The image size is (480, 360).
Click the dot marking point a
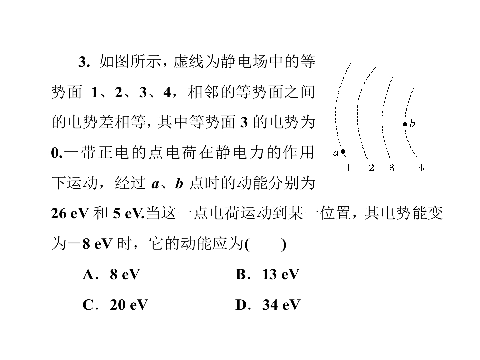(x=343, y=151)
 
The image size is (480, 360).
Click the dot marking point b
(x=405, y=124)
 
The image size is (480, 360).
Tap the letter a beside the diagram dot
(x=336, y=153)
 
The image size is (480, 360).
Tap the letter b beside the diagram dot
(x=412, y=123)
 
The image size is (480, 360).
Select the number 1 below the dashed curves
(x=348, y=168)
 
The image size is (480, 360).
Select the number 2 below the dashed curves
(x=371, y=168)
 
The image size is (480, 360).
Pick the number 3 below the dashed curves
(x=392, y=168)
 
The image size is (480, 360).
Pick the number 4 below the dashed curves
(x=421, y=168)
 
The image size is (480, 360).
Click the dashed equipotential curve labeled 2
(x=357, y=113)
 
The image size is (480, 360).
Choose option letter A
(x=88, y=274)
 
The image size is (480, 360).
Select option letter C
(x=88, y=305)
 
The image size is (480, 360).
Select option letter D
(x=241, y=305)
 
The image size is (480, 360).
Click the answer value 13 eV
(x=281, y=274)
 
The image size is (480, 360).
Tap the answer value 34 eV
(x=281, y=305)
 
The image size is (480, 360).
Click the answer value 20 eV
(x=129, y=305)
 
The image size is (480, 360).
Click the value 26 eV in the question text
(x=70, y=213)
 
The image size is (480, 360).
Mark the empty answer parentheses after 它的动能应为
(x=266, y=244)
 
